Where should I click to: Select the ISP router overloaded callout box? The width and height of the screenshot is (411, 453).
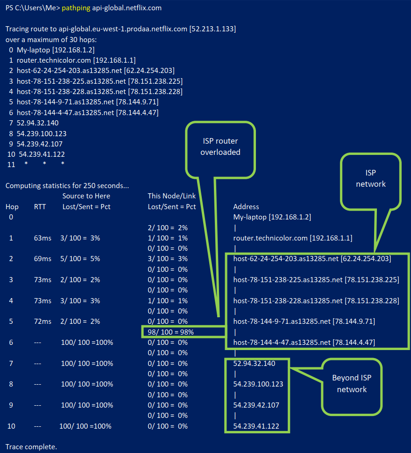point(220,146)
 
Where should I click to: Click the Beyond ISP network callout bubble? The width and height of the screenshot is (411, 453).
point(352,383)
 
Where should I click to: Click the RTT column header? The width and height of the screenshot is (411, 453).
point(40,206)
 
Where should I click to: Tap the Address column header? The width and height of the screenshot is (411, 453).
point(246,206)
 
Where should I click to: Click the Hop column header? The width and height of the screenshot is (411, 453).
point(12,206)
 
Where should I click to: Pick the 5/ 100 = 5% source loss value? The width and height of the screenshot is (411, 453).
point(80,259)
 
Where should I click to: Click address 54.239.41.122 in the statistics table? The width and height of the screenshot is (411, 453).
point(256,426)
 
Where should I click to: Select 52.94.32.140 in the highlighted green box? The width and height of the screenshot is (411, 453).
point(255,363)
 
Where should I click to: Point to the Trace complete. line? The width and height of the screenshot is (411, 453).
point(31,446)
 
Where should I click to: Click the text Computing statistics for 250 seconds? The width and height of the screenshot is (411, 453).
point(67,186)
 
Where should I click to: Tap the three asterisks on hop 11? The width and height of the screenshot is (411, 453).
point(45,164)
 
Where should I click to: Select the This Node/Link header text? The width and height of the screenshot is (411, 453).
point(172,196)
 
